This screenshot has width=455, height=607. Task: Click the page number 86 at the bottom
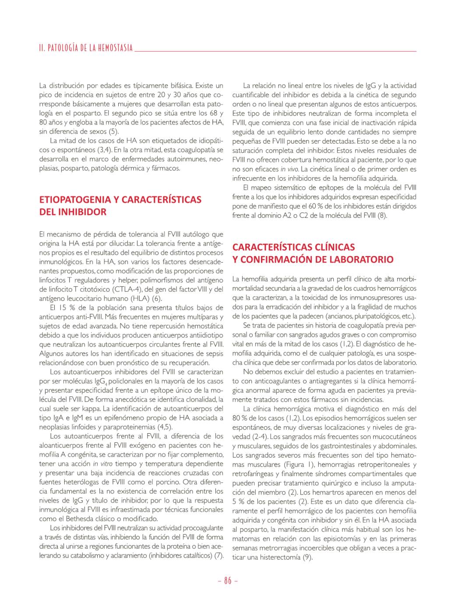227,581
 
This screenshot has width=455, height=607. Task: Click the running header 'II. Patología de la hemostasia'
86,48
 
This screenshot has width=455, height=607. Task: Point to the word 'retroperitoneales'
386,464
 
